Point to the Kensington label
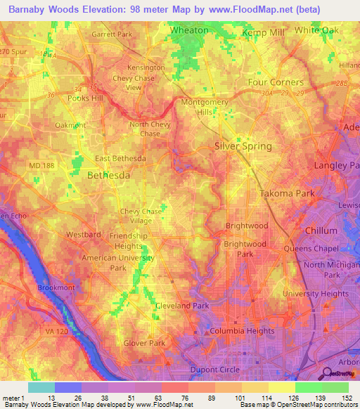click(x=145, y=67)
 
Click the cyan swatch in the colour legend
click(x=41, y=387)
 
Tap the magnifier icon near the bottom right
click(x=327, y=373)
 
